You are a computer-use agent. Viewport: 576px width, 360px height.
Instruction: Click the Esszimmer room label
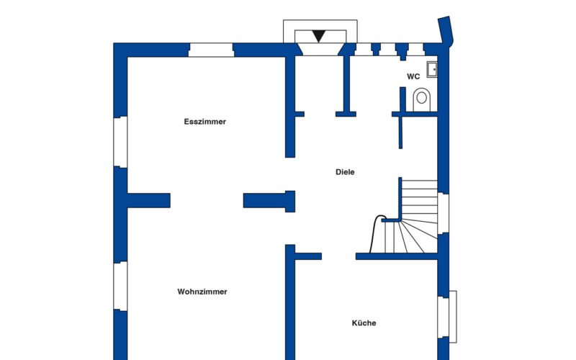tap(205, 122)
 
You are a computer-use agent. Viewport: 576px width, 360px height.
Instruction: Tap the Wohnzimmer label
tap(202, 292)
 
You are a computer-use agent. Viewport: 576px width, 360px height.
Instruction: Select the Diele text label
tap(345, 172)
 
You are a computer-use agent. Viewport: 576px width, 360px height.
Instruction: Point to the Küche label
tap(364, 323)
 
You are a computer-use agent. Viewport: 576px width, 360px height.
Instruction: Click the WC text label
tap(413, 76)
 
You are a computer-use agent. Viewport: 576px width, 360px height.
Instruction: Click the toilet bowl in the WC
tap(422, 99)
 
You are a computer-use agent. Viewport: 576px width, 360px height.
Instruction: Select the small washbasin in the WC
tap(432, 69)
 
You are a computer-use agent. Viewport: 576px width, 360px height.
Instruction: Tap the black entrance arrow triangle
tap(318, 36)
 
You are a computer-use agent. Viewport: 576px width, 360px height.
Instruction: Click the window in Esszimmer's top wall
tap(211, 50)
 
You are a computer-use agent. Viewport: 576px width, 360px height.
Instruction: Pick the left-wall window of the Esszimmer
tap(120, 142)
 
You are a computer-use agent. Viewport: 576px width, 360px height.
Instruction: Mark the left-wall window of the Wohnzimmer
tap(120, 286)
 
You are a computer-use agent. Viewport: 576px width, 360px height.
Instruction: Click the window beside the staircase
tap(444, 213)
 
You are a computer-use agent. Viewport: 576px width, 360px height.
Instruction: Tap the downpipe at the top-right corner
tap(446, 31)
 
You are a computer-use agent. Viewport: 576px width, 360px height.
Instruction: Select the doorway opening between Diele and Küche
tap(338, 256)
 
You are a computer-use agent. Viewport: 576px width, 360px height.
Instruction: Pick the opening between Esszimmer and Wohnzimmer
tap(207, 201)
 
